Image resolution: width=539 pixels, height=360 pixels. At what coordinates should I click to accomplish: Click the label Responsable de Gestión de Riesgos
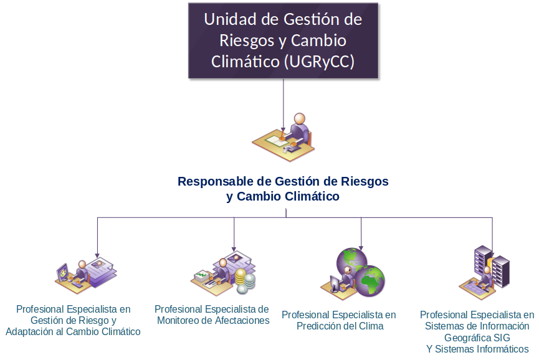coord(283,182)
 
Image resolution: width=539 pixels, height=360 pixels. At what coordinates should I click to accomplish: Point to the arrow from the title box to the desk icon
coord(284,103)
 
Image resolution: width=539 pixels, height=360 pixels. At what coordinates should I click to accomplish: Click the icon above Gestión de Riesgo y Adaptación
coord(87,274)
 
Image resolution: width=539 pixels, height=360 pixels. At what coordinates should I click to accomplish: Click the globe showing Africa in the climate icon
coord(371,281)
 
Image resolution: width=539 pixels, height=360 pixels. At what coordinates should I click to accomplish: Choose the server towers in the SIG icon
coord(492,264)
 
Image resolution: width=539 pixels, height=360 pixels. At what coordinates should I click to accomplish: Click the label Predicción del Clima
coord(340,326)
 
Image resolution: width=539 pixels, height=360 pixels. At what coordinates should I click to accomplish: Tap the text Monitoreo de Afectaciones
coord(213,321)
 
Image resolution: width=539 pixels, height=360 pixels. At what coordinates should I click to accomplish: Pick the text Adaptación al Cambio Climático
coord(73,332)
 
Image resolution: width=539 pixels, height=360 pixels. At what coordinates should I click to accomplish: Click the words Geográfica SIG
coord(477,338)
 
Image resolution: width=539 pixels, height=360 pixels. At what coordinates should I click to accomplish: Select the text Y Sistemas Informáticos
coord(477,349)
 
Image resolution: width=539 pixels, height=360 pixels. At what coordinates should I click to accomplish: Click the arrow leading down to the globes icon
coord(361,233)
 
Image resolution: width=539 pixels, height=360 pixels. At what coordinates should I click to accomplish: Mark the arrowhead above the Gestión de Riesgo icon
coord(97,253)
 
